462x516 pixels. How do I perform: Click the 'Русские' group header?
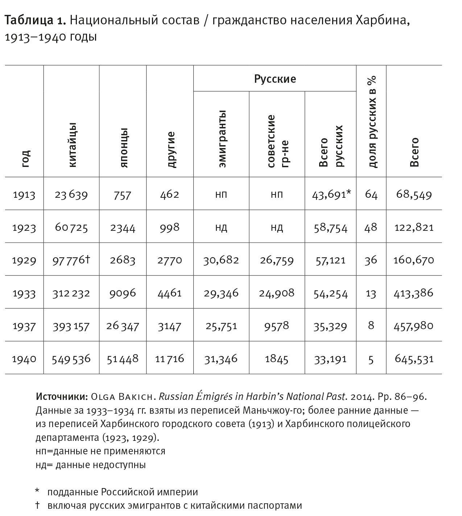click(275, 79)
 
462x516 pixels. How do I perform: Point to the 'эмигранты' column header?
click(222, 139)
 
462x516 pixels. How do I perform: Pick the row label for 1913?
click(24, 195)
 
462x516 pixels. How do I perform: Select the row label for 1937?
click(24, 326)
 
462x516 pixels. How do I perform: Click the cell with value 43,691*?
click(331, 194)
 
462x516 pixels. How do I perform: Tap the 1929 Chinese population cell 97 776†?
click(71, 260)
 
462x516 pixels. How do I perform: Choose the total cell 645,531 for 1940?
click(414, 359)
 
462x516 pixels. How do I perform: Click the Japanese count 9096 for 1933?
click(123, 293)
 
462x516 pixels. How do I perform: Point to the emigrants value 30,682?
click(221, 260)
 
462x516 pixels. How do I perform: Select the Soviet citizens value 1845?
click(276, 359)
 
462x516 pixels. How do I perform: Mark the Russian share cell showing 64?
click(371, 195)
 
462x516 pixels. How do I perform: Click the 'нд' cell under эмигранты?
click(221, 228)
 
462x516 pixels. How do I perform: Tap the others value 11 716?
click(169, 359)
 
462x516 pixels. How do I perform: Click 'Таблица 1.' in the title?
click(35, 21)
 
